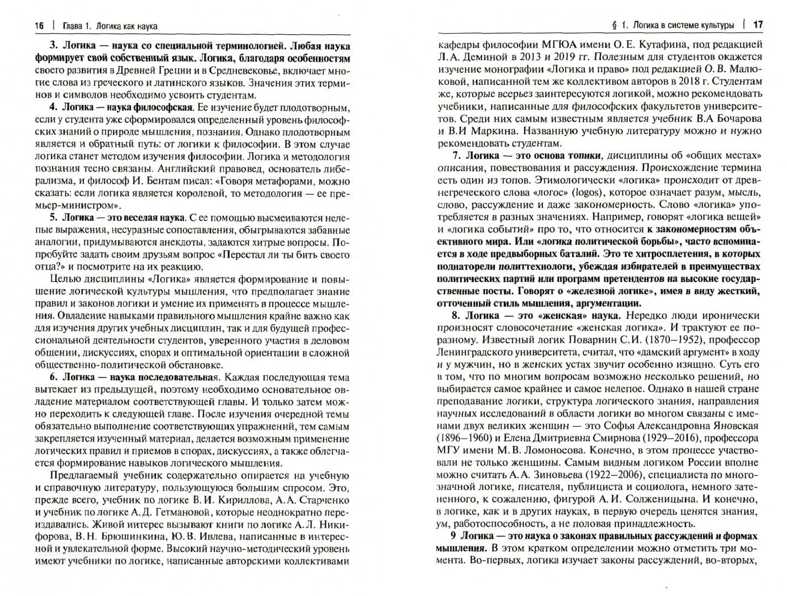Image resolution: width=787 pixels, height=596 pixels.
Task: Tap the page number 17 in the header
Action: pos(758,25)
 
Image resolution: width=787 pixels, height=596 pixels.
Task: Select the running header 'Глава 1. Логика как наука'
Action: pos(110,26)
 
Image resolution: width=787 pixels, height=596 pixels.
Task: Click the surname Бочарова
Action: pos(735,119)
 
